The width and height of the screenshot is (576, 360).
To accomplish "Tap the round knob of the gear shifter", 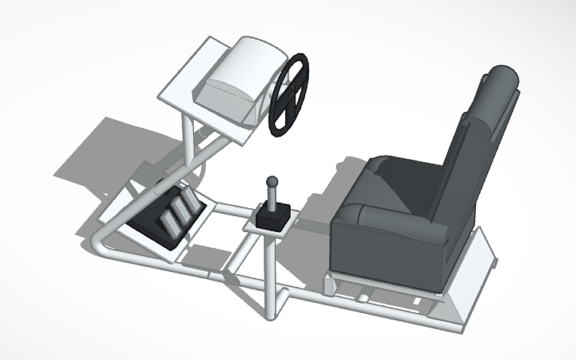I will [272, 182].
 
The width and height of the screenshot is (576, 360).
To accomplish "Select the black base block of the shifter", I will [271, 216].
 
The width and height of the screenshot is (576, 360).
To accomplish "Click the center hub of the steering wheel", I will [289, 95].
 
